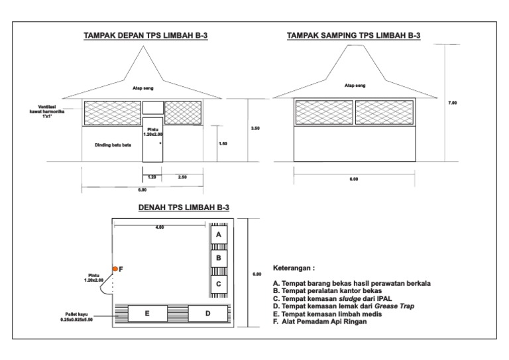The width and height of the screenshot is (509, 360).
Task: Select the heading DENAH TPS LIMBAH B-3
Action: pyautogui.click(x=184, y=208)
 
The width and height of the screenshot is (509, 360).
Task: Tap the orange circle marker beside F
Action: pyautogui.click(x=115, y=269)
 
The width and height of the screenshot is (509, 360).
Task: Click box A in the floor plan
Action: pyautogui.click(x=219, y=234)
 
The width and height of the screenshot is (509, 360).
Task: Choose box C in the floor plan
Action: pyautogui.click(x=219, y=284)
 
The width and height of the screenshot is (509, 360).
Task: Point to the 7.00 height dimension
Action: pyautogui.click(x=453, y=103)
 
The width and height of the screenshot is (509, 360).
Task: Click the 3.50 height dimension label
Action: pyautogui.click(x=255, y=129)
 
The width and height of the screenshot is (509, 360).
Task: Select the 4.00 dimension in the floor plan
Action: pyautogui.click(x=159, y=227)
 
